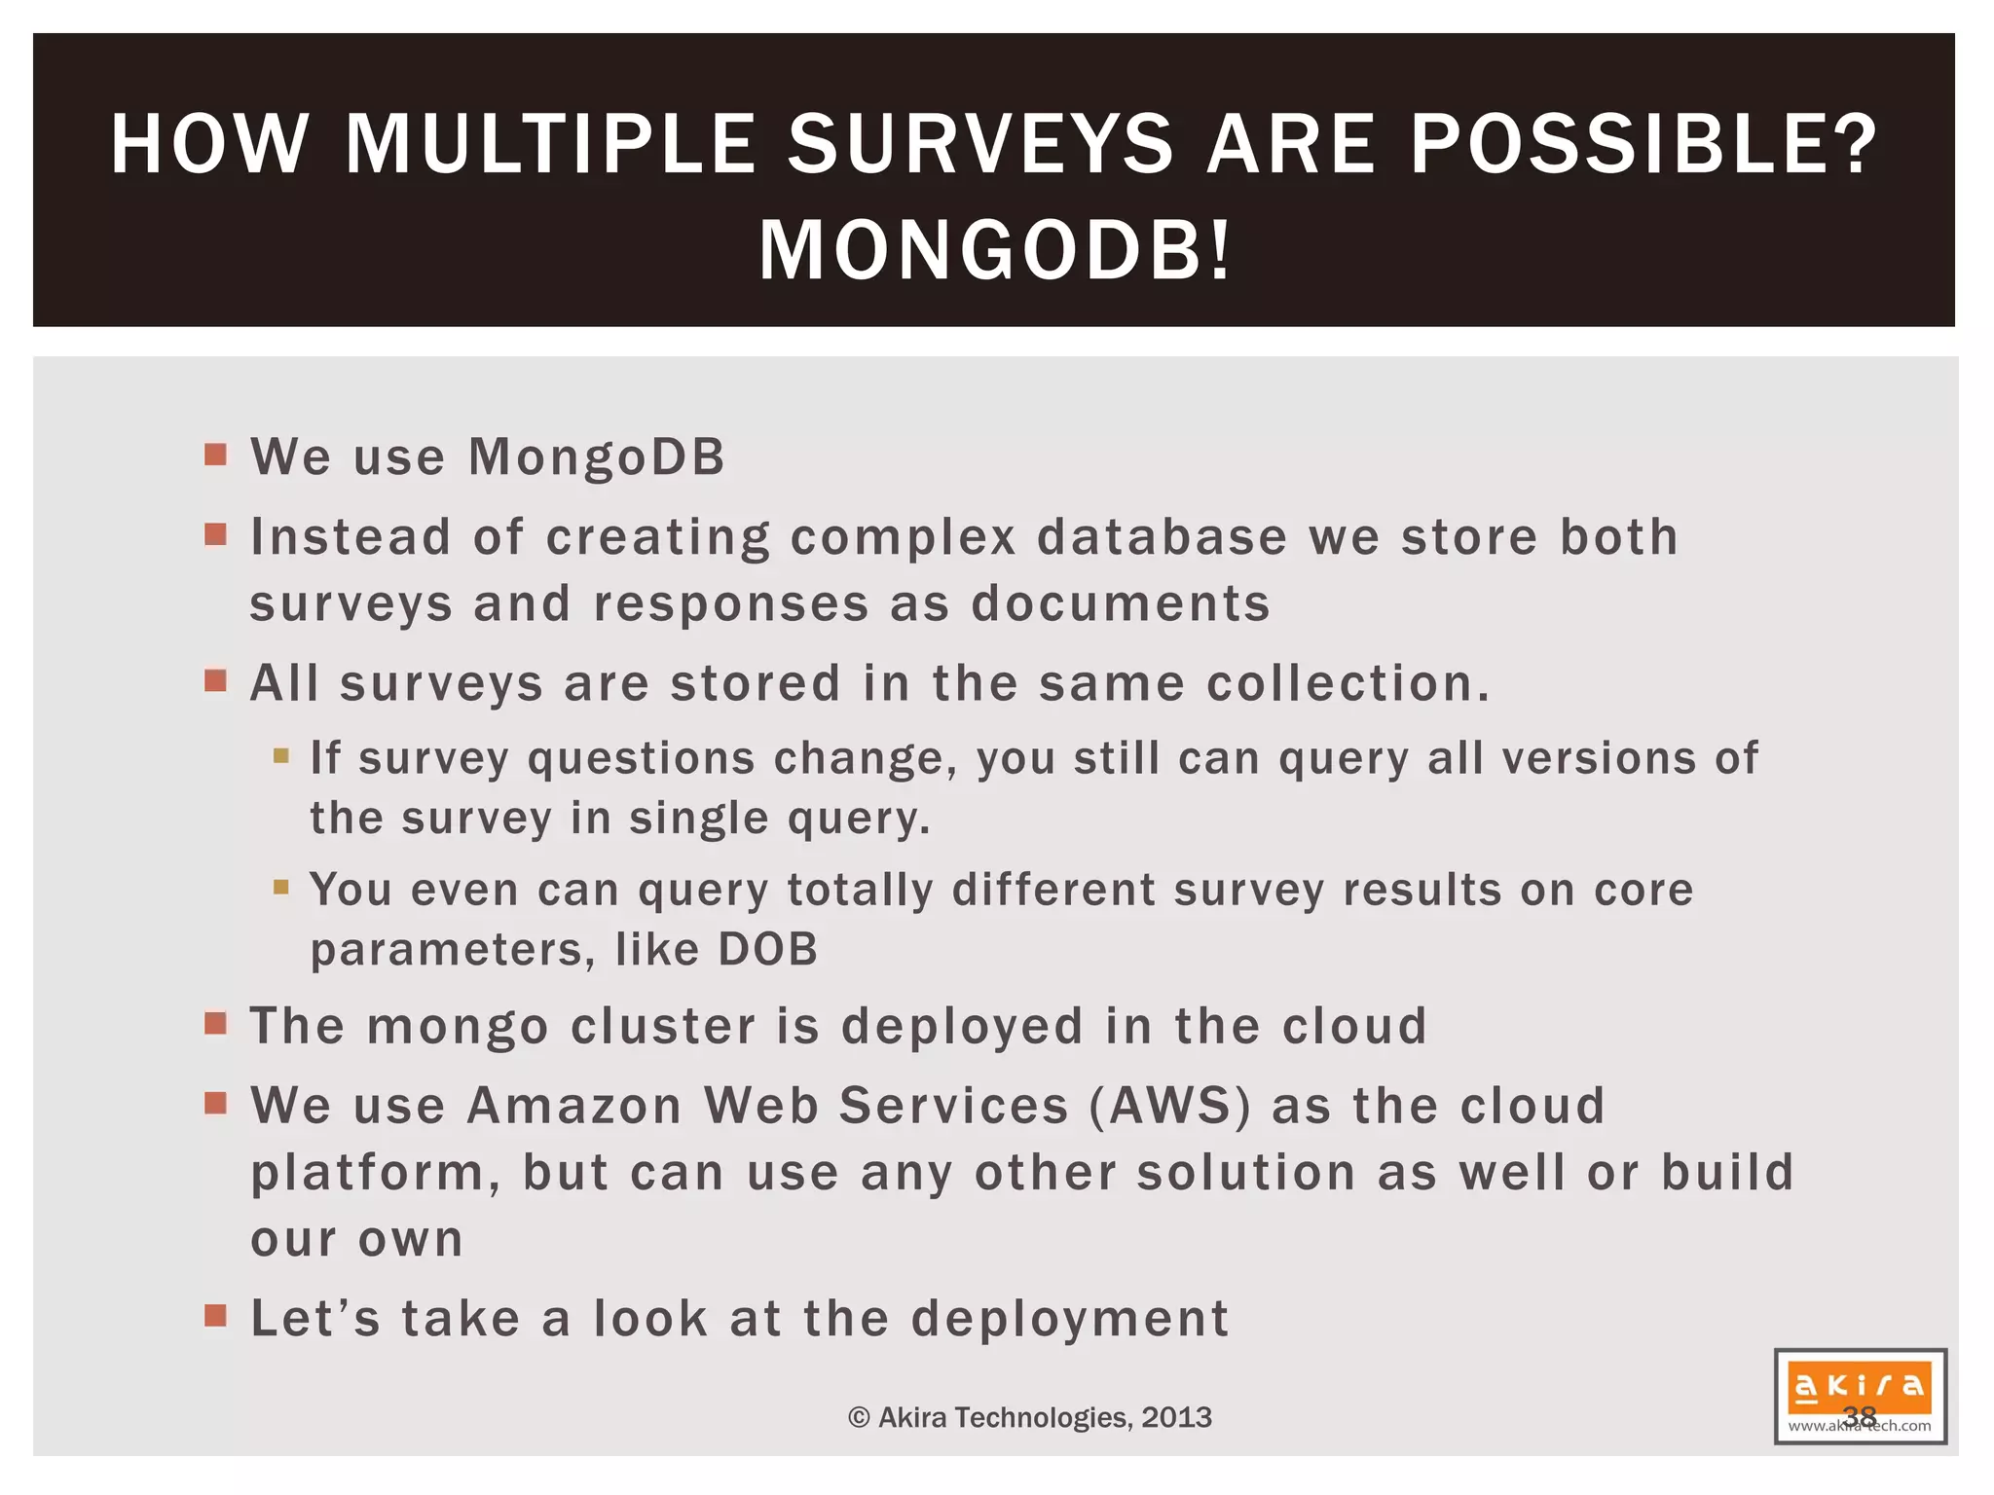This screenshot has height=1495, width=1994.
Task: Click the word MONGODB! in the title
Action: tap(995, 251)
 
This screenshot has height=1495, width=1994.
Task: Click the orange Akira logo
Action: tap(1859, 1387)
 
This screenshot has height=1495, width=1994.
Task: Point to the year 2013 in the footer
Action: tap(1176, 1417)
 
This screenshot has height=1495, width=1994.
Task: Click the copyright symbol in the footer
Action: tap(859, 1418)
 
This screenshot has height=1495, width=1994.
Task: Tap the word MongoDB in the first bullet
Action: tap(597, 457)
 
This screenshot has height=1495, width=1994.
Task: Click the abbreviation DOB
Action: tap(767, 950)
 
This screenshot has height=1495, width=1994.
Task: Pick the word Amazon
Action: tap(574, 1107)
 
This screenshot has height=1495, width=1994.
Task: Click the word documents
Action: tap(1121, 603)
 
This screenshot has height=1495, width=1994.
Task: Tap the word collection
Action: tap(1348, 683)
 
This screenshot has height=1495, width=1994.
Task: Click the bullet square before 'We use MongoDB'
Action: tap(216, 455)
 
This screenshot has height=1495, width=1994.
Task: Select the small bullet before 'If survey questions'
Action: tap(281, 755)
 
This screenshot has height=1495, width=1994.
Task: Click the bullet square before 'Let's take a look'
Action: tap(216, 1316)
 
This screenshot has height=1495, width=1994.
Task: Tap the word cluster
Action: tap(663, 1027)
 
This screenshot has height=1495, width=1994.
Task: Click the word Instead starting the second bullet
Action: tap(351, 537)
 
